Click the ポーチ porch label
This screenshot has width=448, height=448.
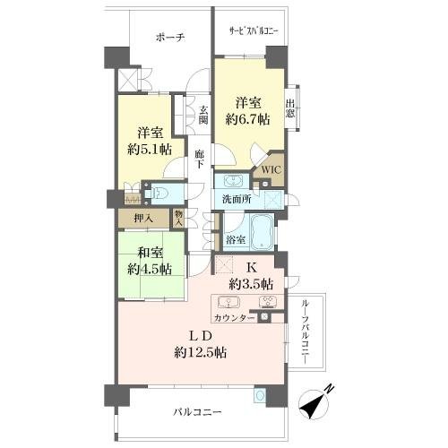click(170, 38)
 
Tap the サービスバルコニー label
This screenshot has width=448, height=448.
click(254, 31)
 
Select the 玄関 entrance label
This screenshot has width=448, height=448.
click(203, 115)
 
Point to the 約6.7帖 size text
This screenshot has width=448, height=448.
click(247, 119)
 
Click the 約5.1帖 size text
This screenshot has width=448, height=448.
click(150, 149)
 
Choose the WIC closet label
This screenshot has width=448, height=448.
click(271, 169)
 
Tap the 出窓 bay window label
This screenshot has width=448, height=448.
click(290, 108)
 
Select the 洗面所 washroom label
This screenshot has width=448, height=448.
click(237, 199)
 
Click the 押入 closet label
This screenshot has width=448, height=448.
click(143, 219)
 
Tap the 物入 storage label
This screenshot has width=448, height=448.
click(178, 219)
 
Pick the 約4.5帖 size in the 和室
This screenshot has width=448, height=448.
click(150, 269)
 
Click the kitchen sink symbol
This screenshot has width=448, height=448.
click(228, 302)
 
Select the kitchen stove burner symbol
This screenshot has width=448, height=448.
click(268, 302)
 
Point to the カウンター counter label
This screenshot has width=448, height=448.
click(235, 318)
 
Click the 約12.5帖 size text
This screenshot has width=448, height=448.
click(201, 353)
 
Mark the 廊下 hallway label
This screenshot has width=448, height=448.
click(199, 159)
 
